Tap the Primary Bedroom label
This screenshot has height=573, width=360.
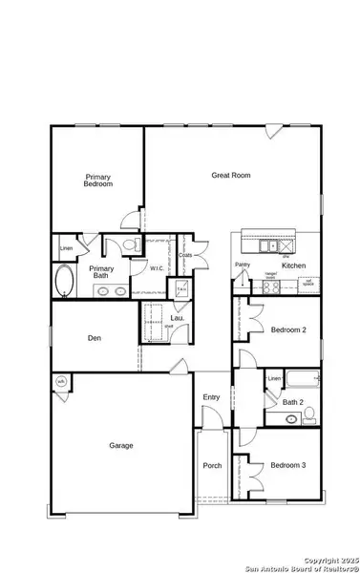click(x=98, y=180)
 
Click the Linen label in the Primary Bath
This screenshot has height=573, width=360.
click(x=66, y=249)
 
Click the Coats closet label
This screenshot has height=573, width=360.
click(x=185, y=255)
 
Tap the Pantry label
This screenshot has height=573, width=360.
click(x=242, y=265)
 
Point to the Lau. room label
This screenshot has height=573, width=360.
click(x=177, y=318)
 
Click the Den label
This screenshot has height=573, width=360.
click(x=94, y=337)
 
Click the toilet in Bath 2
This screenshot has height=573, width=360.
click(x=292, y=417)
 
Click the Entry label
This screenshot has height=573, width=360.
click(x=211, y=397)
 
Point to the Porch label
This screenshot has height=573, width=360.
click(x=212, y=466)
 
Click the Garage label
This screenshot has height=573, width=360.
click(x=120, y=445)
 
